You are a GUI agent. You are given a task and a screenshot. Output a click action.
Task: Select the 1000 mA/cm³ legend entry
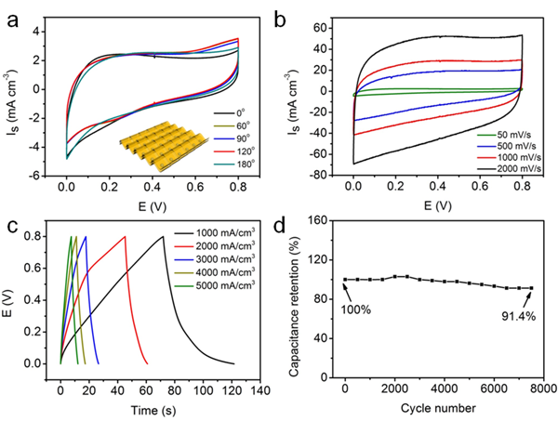pos(219,237)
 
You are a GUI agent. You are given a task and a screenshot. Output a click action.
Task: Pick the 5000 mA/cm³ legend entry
pos(219,290)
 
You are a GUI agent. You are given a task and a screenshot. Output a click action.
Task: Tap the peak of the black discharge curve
pos(164,237)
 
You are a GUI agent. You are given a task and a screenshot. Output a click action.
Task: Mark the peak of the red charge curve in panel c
pos(125,237)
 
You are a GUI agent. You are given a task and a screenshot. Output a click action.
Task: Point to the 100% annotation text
pos(358,308)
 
